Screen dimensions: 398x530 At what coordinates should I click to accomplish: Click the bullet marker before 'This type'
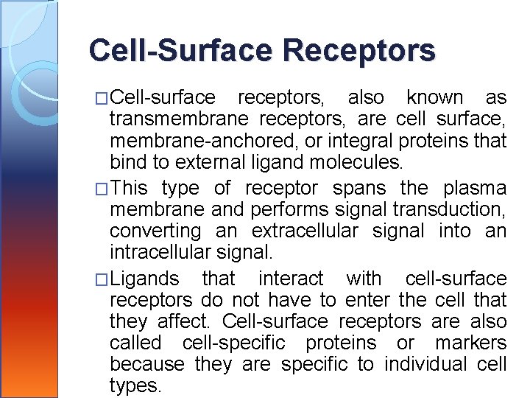coord(102,189)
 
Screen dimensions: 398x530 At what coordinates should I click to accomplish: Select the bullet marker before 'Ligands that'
coord(102,279)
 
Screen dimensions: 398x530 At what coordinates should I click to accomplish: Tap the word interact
coord(290,279)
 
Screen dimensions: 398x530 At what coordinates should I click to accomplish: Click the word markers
coord(471,343)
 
